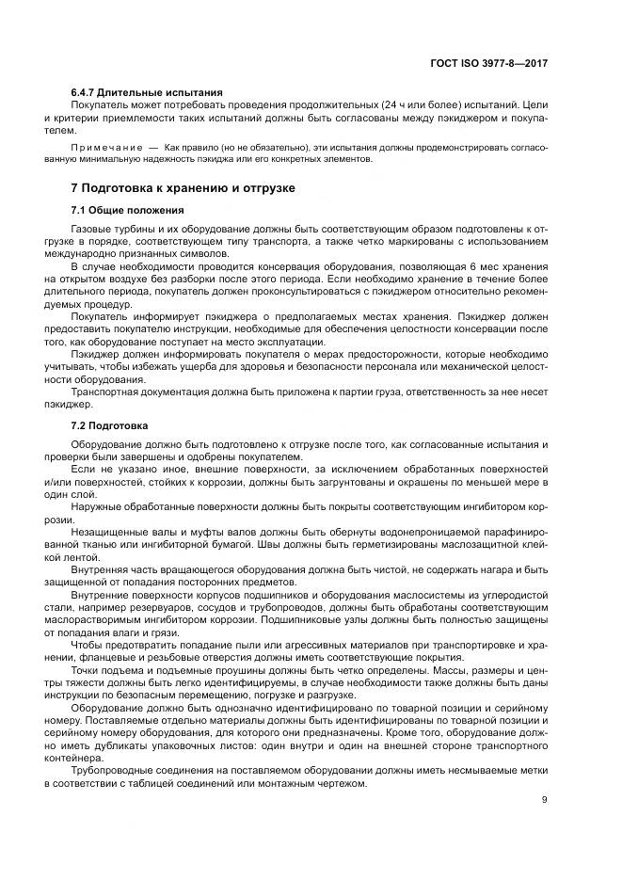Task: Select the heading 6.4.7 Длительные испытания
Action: click(147, 92)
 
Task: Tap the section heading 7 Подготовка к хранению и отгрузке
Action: click(183, 188)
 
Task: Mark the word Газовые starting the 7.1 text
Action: click(93, 230)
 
